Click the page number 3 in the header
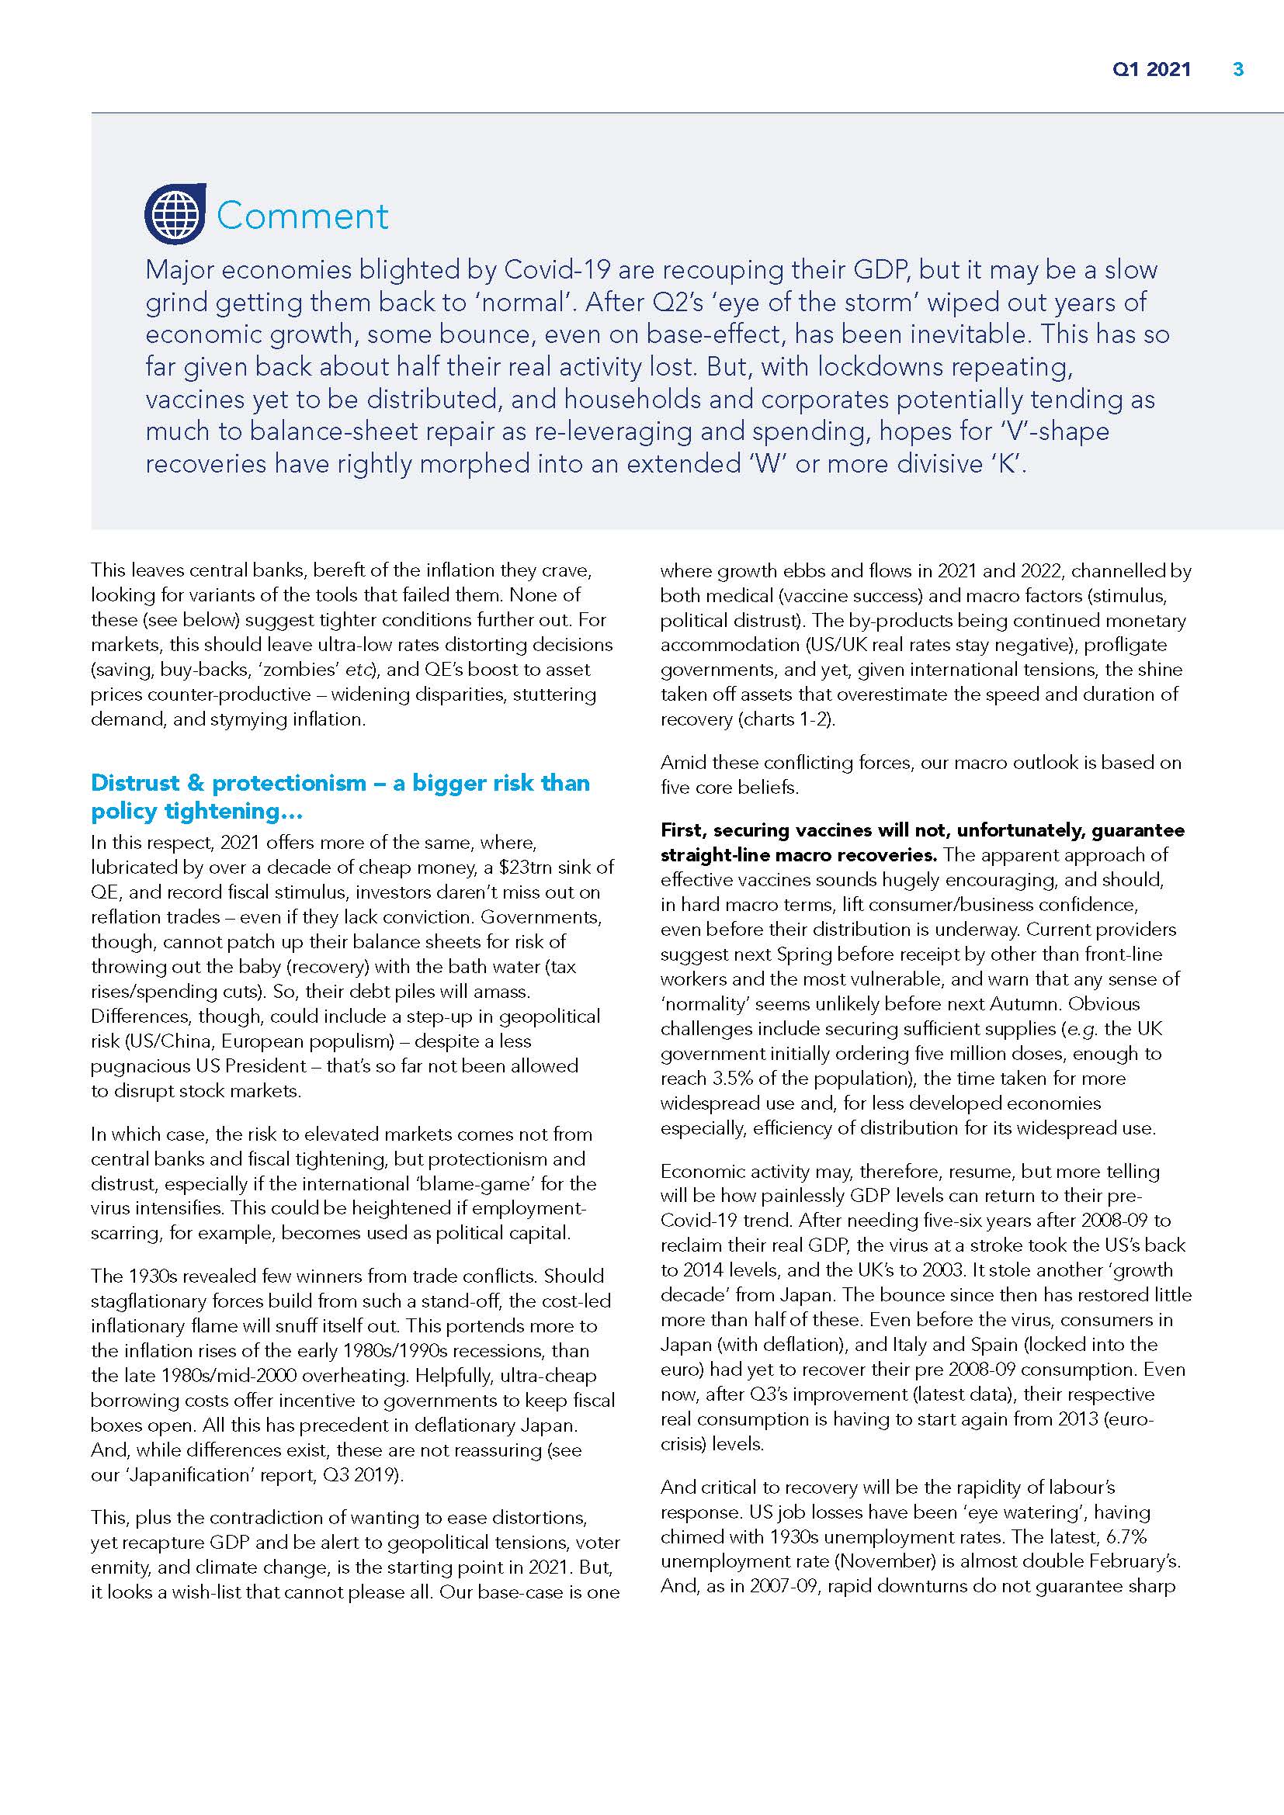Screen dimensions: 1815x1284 1238,70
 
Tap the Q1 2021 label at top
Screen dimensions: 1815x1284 1151,70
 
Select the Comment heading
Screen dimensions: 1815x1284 303,216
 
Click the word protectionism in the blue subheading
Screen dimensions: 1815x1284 290,783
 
